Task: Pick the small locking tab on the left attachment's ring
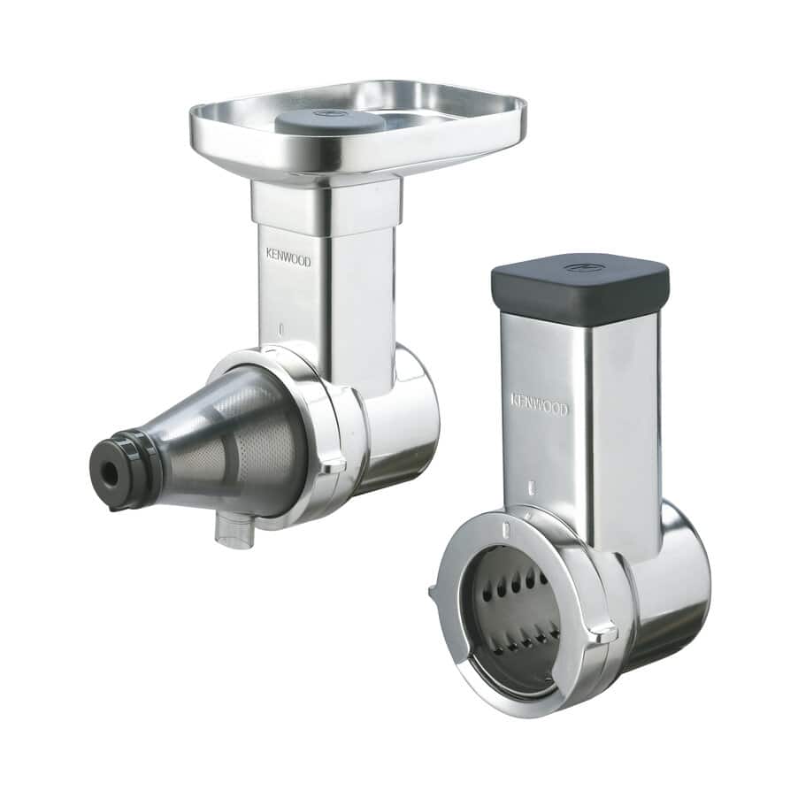tap(333, 462)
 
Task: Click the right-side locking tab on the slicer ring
tap(604, 630)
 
